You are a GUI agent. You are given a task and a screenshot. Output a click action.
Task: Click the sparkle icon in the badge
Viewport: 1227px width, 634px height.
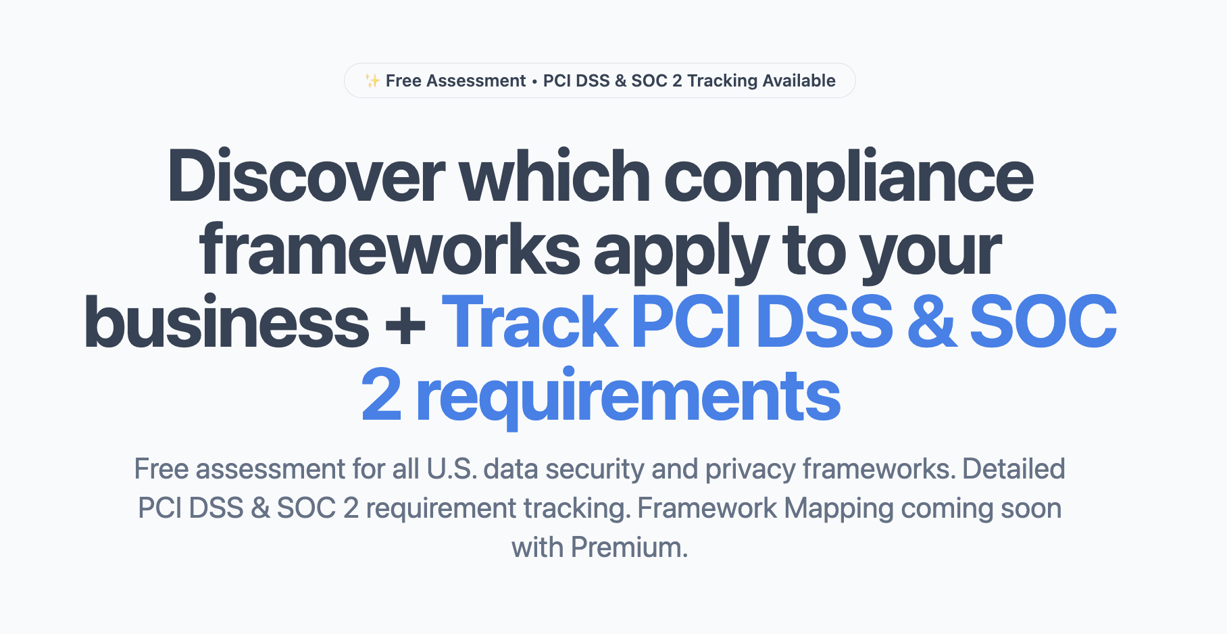click(x=372, y=81)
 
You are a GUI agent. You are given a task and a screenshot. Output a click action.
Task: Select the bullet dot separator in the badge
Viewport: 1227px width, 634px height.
click(x=534, y=82)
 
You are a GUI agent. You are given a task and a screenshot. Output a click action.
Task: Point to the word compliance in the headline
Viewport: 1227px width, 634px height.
click(x=849, y=177)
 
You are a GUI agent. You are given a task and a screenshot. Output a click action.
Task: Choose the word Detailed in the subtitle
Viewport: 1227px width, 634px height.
click(x=1013, y=469)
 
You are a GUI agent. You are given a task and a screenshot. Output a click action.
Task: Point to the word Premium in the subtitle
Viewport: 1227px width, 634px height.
click(x=628, y=547)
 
